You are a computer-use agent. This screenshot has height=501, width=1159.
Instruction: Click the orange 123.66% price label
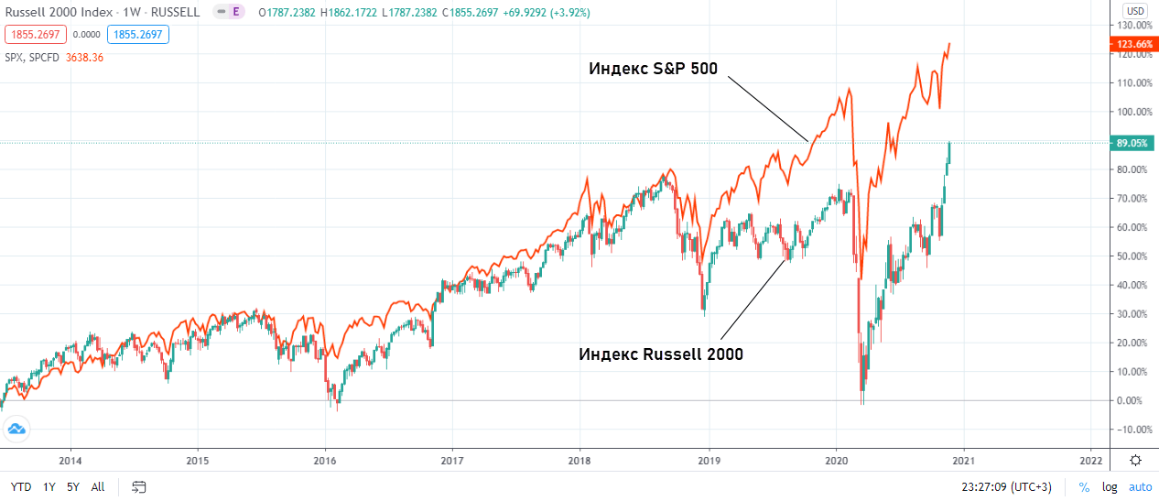1135,44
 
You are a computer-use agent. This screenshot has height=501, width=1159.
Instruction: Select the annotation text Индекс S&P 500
653,69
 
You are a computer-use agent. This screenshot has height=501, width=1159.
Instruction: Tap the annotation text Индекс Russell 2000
661,354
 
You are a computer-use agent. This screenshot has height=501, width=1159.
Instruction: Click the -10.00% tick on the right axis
1132,430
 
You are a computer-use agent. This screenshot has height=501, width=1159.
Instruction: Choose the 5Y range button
72,486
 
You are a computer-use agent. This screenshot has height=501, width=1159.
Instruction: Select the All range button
98,486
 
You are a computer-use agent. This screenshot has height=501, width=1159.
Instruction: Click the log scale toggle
1110,487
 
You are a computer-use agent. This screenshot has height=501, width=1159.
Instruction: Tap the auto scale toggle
1140,487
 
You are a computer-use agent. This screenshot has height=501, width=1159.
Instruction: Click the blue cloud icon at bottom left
16,428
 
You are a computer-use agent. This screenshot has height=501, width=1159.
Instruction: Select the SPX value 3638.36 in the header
85,57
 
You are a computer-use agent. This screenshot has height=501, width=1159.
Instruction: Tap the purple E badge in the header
236,12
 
